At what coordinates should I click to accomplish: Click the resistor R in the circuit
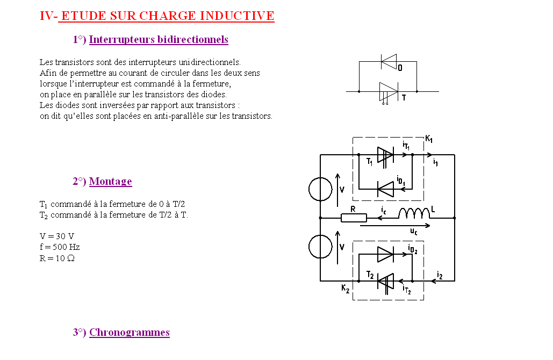(354, 218)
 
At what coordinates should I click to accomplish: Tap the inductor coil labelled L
(414, 213)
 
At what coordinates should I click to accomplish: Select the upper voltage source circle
(320, 189)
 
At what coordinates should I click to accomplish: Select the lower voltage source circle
(320, 247)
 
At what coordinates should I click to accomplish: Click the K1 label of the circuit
(429, 139)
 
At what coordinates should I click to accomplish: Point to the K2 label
(345, 289)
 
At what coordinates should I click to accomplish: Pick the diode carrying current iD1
(385, 189)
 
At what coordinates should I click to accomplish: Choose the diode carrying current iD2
(385, 254)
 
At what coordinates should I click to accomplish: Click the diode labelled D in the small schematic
(389, 62)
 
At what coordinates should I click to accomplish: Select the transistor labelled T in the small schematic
(389, 93)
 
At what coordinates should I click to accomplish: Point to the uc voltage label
(414, 231)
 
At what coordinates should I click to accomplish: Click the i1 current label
(435, 163)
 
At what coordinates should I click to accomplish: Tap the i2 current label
(440, 275)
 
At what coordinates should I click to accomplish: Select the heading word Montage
(110, 181)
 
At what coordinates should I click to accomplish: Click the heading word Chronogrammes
(130, 332)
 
